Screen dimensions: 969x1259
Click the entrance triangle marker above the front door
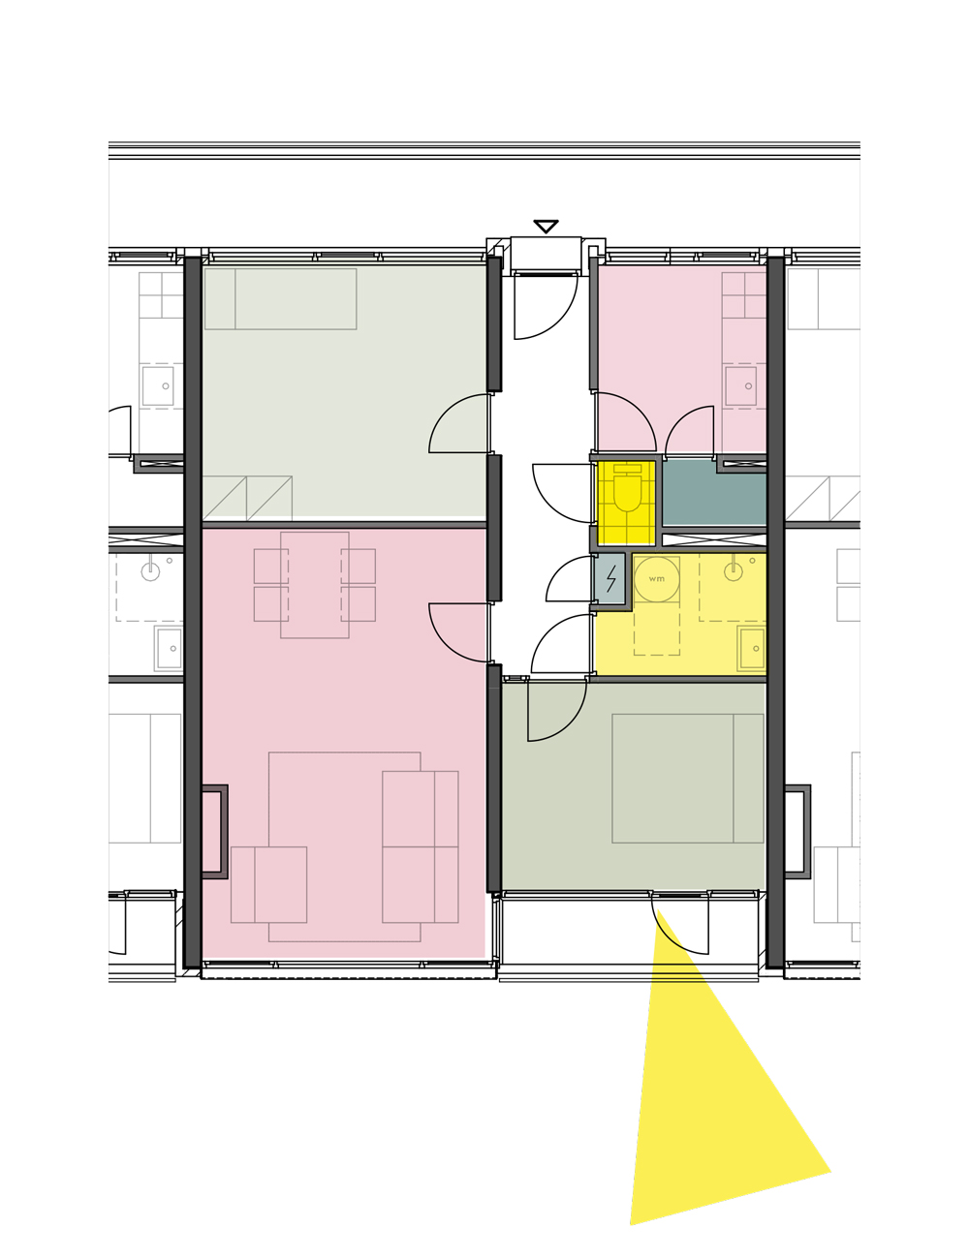pyautogui.click(x=546, y=226)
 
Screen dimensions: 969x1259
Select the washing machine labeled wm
pyautogui.click(x=656, y=579)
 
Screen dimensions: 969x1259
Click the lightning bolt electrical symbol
pyautogui.click(x=610, y=578)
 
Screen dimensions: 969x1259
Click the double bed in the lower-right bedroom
pyautogui.click(x=687, y=778)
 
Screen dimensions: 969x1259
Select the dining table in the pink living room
pyautogui.click(x=315, y=585)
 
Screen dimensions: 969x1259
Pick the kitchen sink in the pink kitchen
pyautogui.click(x=740, y=385)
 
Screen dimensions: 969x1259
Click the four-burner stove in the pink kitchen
pyautogui.click(x=744, y=295)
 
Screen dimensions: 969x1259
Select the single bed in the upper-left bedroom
pyautogui.click(x=280, y=299)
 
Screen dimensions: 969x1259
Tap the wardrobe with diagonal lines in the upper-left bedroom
pyautogui.click(x=247, y=498)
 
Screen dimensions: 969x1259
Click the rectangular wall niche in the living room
pyautogui.click(x=214, y=831)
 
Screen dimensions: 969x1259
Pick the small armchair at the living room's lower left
pyautogui.click(x=269, y=884)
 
